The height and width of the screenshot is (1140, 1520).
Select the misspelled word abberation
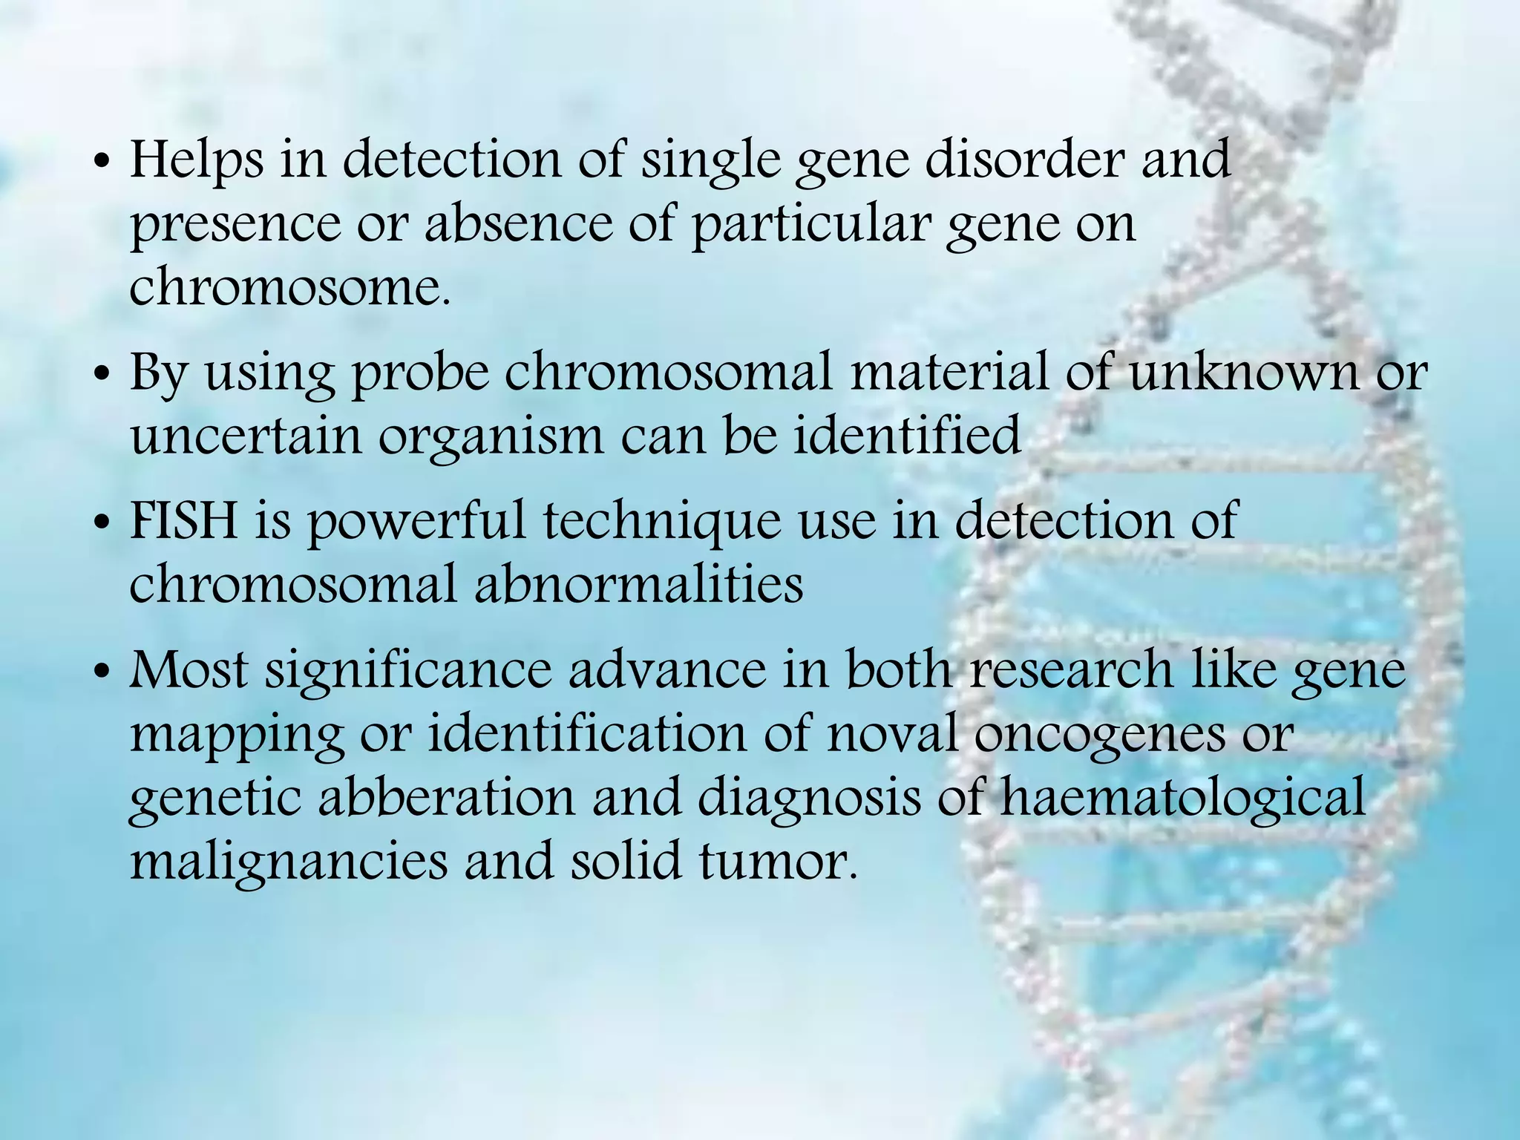click(447, 798)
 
